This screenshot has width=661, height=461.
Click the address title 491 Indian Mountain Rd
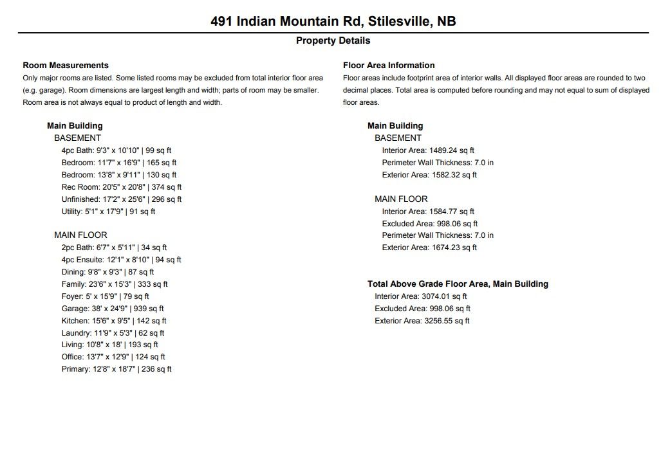(333, 21)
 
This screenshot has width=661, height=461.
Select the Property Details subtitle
(333, 41)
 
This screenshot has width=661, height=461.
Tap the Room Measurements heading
(66, 65)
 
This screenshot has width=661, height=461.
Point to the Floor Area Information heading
(389, 65)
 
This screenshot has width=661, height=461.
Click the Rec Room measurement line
(122, 187)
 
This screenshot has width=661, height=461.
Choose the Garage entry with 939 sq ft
(114, 309)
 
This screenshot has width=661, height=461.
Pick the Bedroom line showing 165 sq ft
(119, 163)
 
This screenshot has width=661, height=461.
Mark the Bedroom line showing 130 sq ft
(119, 175)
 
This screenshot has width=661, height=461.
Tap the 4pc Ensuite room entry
(121, 260)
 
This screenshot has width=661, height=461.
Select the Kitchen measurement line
(114, 321)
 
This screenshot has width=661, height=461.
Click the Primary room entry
(116, 369)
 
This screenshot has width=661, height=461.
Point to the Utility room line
(108, 212)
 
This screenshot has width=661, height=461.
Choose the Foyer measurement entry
(105, 296)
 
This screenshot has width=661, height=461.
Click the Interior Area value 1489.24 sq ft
(428, 150)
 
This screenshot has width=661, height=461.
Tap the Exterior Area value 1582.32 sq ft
(429, 175)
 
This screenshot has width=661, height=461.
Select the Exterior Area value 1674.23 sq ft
(429, 248)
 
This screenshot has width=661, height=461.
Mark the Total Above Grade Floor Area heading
(458, 284)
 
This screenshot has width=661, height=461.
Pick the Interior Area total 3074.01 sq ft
(421, 296)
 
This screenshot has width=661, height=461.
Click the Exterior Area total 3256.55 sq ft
(422, 321)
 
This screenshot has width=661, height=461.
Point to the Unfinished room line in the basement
(122, 199)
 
